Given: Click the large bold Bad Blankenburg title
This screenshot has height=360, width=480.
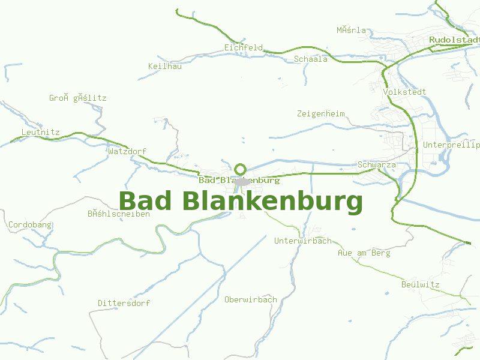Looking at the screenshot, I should pyautogui.click(x=241, y=202).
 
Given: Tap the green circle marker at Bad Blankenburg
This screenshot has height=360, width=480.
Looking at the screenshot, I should pyautogui.click(x=241, y=169).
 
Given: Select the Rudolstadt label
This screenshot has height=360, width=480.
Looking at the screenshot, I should pyautogui.click(x=454, y=40).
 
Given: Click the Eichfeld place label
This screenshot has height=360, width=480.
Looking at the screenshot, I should pyautogui.click(x=244, y=47).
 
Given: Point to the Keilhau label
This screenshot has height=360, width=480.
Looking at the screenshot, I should pyautogui.click(x=164, y=66).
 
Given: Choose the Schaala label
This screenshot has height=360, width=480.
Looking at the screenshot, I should pyautogui.click(x=311, y=59).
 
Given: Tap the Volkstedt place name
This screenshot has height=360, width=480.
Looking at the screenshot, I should pyautogui.click(x=404, y=92).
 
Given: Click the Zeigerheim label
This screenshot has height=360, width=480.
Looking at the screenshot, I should pyautogui.click(x=320, y=113).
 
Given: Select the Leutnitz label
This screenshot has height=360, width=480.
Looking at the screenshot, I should pyautogui.click(x=40, y=132).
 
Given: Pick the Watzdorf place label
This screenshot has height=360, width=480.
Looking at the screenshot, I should pyautogui.click(x=127, y=151).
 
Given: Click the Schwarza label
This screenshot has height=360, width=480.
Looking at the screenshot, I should pyautogui.click(x=376, y=164).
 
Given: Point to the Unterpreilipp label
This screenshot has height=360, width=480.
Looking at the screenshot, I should pyautogui.click(x=451, y=145).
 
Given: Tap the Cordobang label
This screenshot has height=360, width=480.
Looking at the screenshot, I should pyautogui.click(x=30, y=225).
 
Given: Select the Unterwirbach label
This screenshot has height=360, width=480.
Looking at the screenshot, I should pyautogui.click(x=302, y=241).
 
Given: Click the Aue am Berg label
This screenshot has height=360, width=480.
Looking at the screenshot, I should pyautogui.click(x=364, y=253).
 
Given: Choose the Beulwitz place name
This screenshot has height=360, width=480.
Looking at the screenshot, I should pyautogui.click(x=421, y=284).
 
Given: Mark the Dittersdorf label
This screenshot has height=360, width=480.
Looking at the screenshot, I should pyautogui.click(x=124, y=304).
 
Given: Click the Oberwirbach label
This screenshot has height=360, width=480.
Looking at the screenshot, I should pyautogui.click(x=250, y=299).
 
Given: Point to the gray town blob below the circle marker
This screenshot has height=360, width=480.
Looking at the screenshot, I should pyautogui.click(x=242, y=182).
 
